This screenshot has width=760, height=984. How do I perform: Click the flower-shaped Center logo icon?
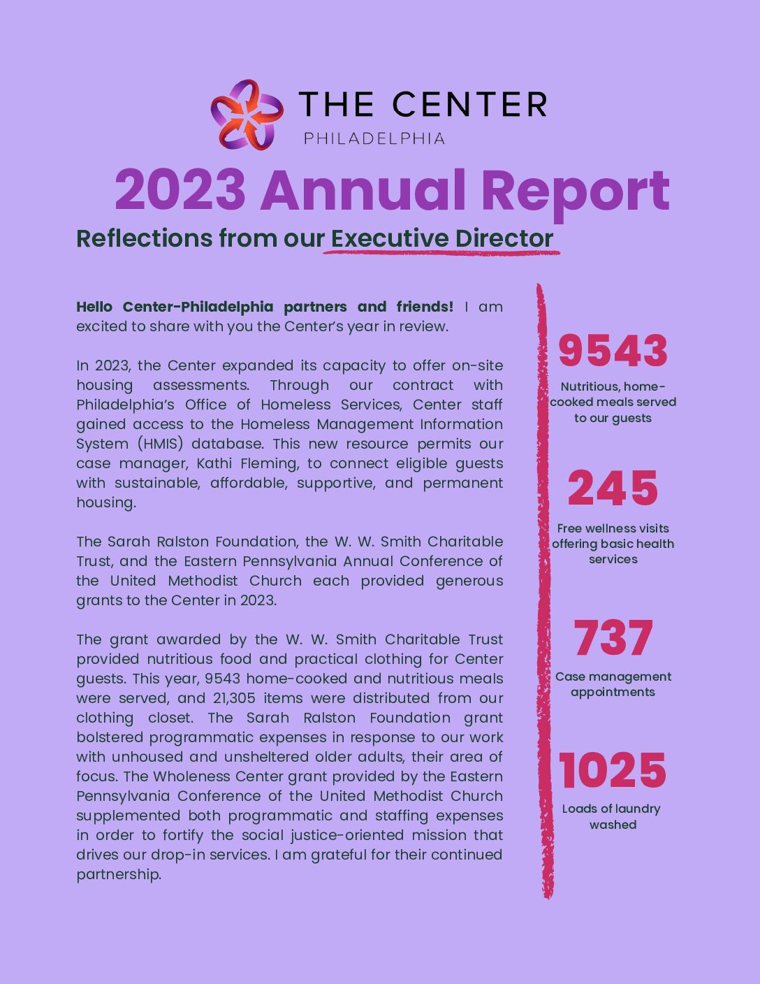point(247,114)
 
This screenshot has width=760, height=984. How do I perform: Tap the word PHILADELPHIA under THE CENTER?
point(374,138)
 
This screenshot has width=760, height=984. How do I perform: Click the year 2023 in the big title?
point(180,190)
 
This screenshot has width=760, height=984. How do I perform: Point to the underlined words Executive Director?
point(442,238)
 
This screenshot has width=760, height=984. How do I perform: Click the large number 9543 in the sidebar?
point(613,351)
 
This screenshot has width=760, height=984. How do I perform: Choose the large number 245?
point(613,489)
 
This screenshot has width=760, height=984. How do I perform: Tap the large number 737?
point(613,638)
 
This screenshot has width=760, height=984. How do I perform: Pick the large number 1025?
point(613,771)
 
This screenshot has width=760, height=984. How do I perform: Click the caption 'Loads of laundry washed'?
point(612,816)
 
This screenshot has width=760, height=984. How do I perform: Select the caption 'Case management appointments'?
point(613,684)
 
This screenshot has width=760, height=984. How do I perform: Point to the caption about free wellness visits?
point(613,544)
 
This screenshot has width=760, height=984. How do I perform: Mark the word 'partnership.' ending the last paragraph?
point(119,874)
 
